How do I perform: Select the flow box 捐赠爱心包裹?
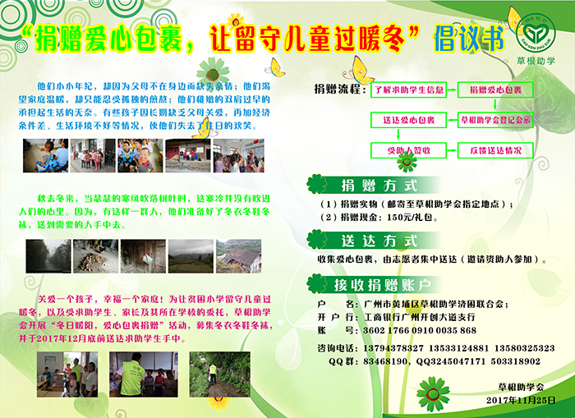(x=494, y=89)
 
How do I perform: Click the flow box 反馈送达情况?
(x=494, y=151)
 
